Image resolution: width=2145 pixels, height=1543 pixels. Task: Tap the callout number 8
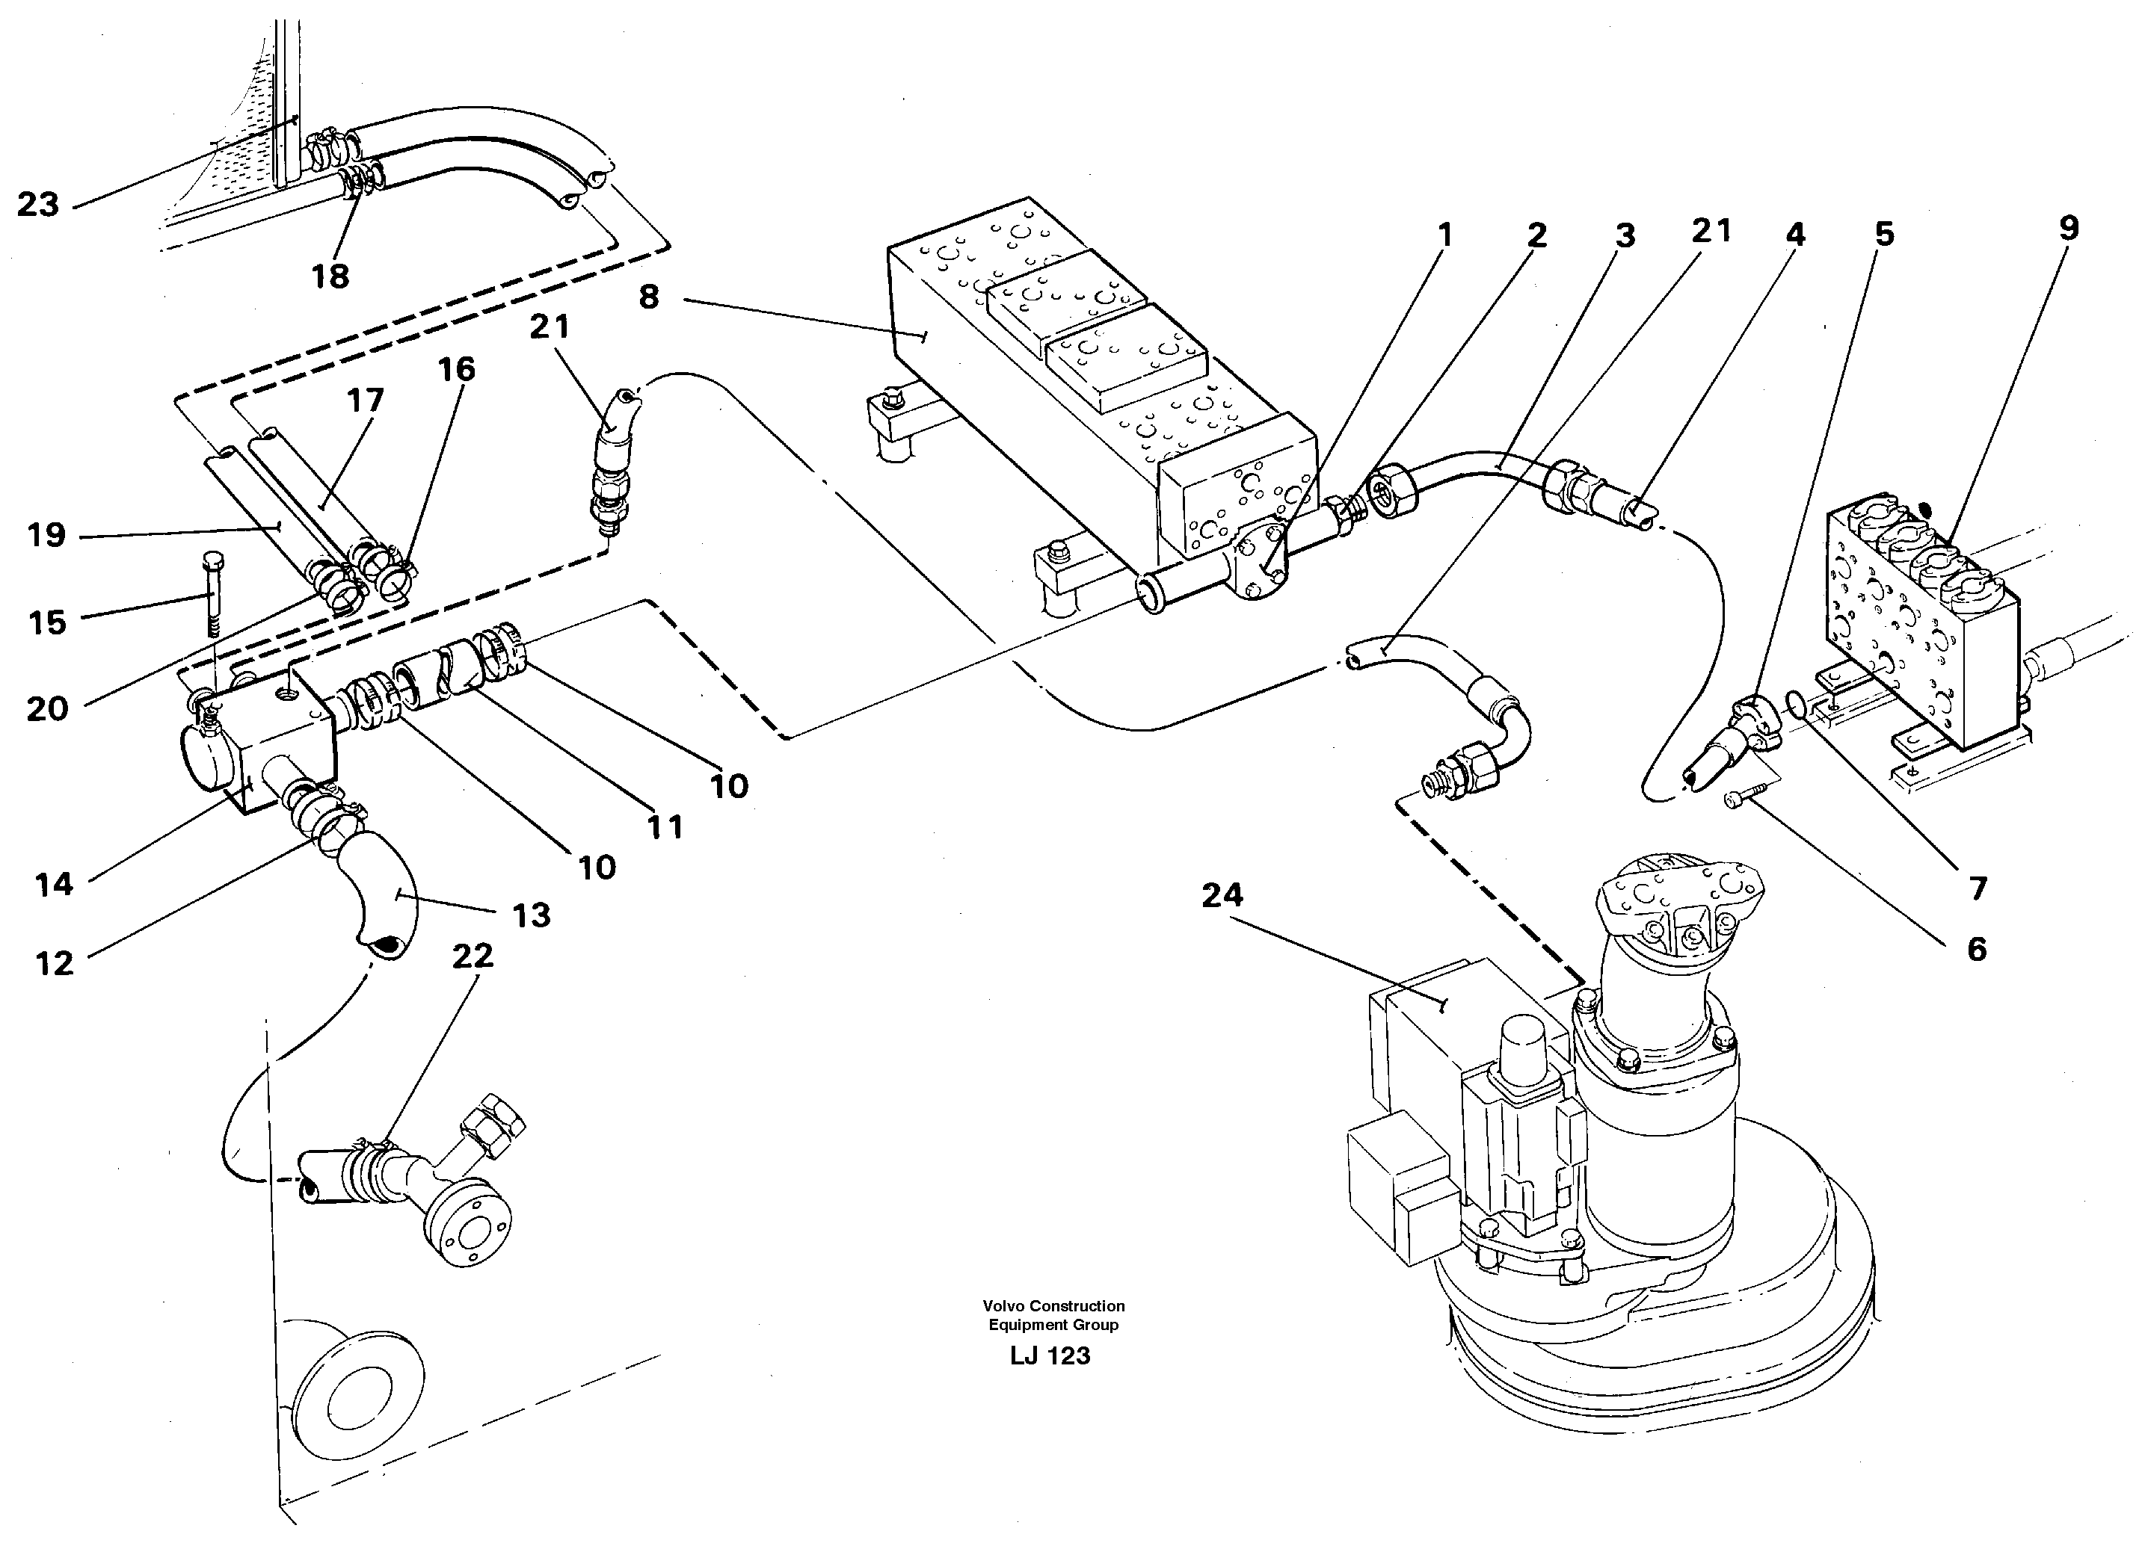(x=649, y=297)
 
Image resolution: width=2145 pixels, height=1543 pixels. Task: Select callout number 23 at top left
(x=38, y=204)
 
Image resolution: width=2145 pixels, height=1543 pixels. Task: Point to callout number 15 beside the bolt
(x=47, y=622)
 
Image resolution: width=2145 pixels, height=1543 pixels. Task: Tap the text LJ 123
(x=1050, y=1355)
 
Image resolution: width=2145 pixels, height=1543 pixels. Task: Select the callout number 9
(x=2069, y=228)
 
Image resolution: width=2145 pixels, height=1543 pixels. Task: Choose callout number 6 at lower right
(x=1977, y=949)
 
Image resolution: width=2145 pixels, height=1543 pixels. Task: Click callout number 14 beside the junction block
(x=54, y=884)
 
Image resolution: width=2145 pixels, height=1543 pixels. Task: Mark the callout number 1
(x=1443, y=235)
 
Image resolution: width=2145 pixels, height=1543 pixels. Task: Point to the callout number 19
(x=46, y=535)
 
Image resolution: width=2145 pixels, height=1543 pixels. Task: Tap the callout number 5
(x=1884, y=235)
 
